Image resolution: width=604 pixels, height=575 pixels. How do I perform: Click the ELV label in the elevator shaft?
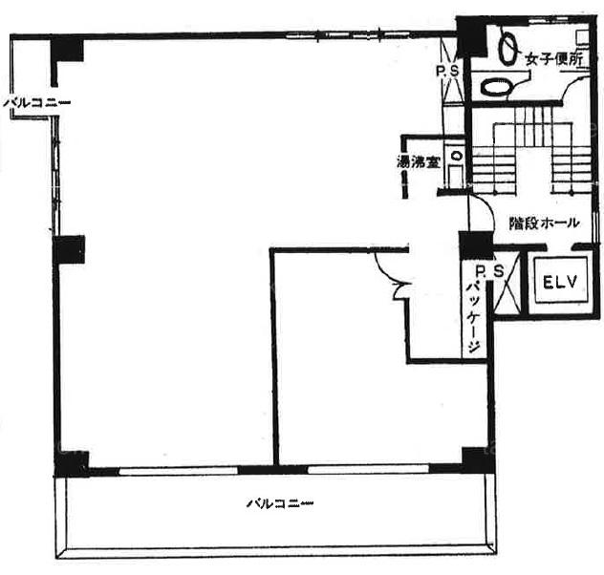pos(560,283)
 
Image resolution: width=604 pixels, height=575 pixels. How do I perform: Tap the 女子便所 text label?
pos(554,59)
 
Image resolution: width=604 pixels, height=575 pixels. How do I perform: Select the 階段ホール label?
pos(544,223)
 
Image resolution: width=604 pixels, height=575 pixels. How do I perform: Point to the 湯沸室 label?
pos(419,162)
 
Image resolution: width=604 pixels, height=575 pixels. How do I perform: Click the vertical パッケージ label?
pos(473,317)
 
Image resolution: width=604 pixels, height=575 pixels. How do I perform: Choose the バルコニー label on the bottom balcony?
pos(280,503)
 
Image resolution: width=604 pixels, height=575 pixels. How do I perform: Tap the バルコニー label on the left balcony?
pos(37,103)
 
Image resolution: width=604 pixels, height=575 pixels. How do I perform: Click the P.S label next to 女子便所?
pos(447,71)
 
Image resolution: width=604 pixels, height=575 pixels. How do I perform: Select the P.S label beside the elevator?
pos(489,271)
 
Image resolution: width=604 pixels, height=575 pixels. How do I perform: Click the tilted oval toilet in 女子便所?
pos(507,48)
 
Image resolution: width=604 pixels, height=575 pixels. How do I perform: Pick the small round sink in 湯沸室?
pos(457,156)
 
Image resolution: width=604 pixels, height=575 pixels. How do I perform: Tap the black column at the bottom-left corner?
pos(72,464)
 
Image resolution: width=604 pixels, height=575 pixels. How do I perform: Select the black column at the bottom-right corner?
pos(478,460)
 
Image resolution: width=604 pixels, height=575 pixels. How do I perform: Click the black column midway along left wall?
pos(69,249)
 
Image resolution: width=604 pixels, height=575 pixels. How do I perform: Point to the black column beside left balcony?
pos(67,50)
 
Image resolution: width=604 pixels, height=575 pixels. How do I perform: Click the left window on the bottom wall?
pos(179,471)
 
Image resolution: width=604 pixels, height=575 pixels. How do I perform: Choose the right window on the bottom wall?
pos(368,469)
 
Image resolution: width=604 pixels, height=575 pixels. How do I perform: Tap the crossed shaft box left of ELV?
pos(507,284)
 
